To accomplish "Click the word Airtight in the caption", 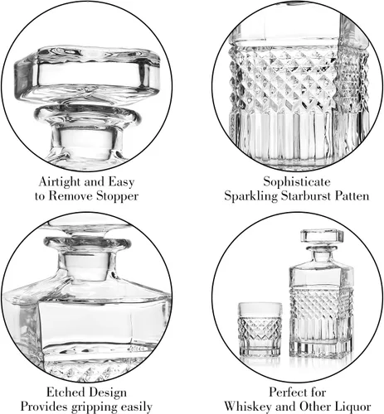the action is (60, 182).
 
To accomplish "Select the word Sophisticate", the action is (297, 181).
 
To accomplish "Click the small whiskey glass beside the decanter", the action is (260, 329).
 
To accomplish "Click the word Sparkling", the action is (250, 196).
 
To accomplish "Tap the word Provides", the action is (44, 407).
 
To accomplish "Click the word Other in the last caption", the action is (316, 407).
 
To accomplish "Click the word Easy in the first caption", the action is (121, 182).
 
